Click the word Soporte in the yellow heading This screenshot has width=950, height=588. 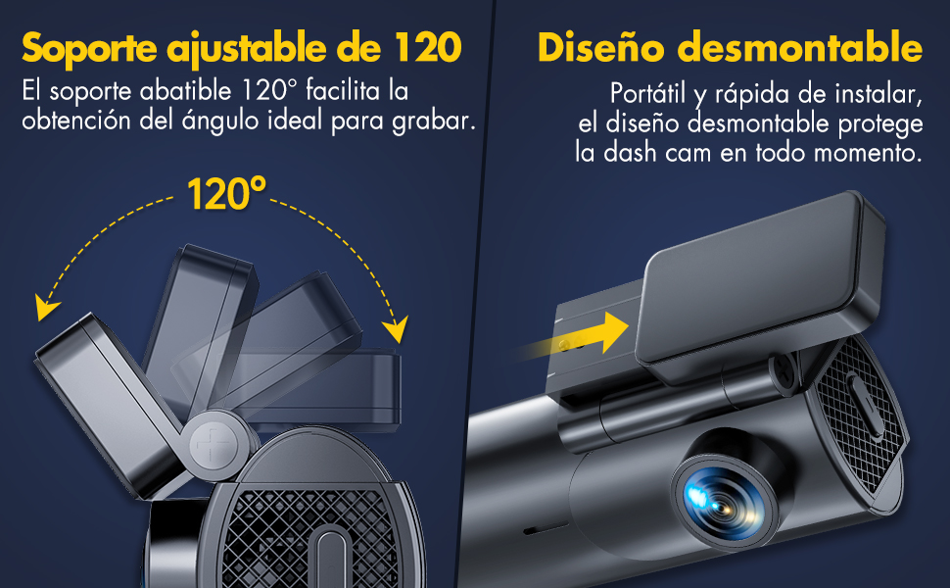coord(90,47)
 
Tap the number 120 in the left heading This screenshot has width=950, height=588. coord(428,47)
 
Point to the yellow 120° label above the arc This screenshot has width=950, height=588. coord(226,193)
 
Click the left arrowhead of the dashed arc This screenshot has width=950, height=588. coord(45,307)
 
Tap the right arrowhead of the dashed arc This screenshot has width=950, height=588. coord(396,329)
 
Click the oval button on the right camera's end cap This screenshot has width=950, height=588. coord(865,406)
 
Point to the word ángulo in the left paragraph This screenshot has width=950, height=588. coord(216,121)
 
